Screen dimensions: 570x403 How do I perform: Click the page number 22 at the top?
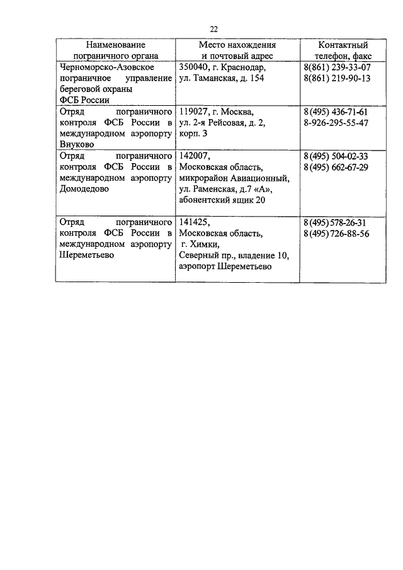tap(213, 28)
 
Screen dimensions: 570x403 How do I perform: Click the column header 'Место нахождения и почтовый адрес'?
tap(237, 50)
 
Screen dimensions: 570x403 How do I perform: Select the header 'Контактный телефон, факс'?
tap(343, 50)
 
